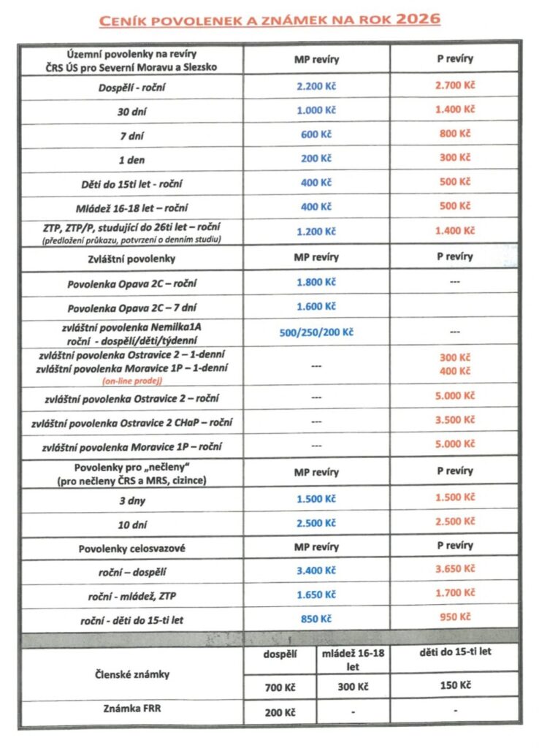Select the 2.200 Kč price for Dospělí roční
click(316, 85)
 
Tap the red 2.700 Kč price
click(454, 85)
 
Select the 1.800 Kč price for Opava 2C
click(316, 283)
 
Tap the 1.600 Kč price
click(316, 307)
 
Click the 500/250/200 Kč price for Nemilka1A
click(316, 332)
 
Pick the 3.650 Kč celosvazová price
click(454, 569)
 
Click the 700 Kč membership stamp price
click(280, 687)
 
